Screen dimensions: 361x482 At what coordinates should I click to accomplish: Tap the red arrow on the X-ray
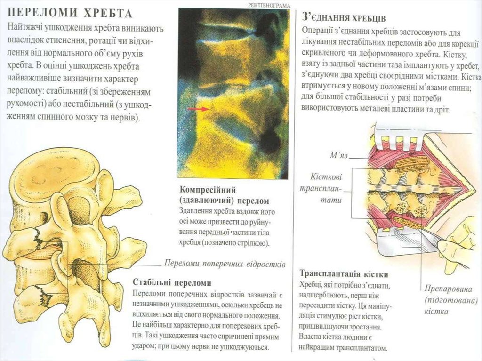pyautogui.click(x=198, y=109)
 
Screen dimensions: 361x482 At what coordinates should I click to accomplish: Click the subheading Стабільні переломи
pyautogui.click(x=172, y=282)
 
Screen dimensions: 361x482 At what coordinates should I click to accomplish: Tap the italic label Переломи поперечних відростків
pyautogui.click(x=225, y=264)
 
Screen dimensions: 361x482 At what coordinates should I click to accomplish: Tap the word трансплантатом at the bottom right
pyautogui.click(x=357, y=349)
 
